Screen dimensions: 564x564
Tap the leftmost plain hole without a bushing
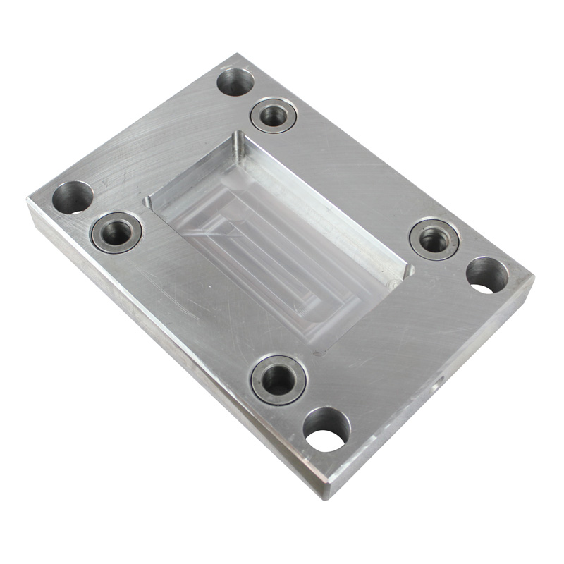(x=73, y=197)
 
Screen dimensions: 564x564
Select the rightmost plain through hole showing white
(x=486, y=275)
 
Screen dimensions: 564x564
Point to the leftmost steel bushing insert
(x=116, y=231)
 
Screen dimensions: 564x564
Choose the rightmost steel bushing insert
(x=434, y=240)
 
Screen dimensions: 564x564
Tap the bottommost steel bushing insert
(x=278, y=379)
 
